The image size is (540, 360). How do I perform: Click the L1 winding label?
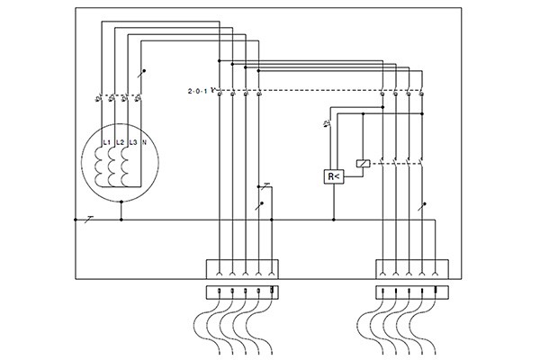click(x=106, y=143)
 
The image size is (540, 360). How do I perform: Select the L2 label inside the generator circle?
click(x=120, y=143)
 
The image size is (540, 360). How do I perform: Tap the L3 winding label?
click(x=133, y=143)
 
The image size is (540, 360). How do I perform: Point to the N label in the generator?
click(x=145, y=143)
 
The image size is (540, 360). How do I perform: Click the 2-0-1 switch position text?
click(x=197, y=92)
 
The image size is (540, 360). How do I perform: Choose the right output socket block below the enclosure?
click(x=411, y=291)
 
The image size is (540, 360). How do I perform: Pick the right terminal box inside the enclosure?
click(x=411, y=268)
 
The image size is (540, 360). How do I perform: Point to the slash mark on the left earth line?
click(x=87, y=219)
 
